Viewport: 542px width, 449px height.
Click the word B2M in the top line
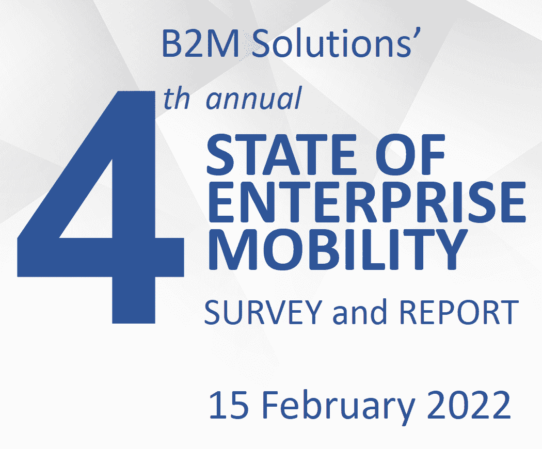coord(200,43)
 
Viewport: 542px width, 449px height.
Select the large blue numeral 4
coord(101,207)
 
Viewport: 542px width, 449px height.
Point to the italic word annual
coord(254,99)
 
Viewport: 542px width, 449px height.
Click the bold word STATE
coord(281,154)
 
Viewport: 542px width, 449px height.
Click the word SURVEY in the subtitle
coord(263,312)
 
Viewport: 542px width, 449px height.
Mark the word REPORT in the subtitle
coord(459,312)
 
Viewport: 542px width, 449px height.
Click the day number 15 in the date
coord(229,405)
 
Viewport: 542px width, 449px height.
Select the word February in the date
coord(338,407)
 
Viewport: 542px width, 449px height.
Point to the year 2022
coord(469,405)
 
